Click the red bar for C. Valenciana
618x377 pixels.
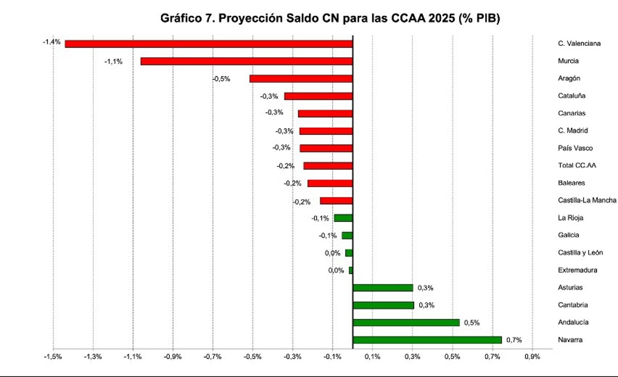[x=209, y=44]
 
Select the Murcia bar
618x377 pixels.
[x=246, y=61]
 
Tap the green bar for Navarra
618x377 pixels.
[x=427, y=340]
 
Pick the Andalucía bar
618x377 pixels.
[x=406, y=322]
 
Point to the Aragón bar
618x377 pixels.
[x=301, y=79]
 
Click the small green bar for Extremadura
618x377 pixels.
[x=351, y=270]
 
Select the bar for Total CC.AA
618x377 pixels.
[x=328, y=166]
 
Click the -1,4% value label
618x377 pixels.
[x=51, y=41]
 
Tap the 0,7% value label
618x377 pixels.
[x=514, y=340]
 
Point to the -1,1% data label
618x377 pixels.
[x=113, y=61]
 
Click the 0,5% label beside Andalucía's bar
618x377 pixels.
[x=472, y=323]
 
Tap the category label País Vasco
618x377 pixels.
[x=575, y=148]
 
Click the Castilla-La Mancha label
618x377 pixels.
[x=587, y=200]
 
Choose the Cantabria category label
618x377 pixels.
[x=573, y=305]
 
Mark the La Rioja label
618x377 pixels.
[x=570, y=218]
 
